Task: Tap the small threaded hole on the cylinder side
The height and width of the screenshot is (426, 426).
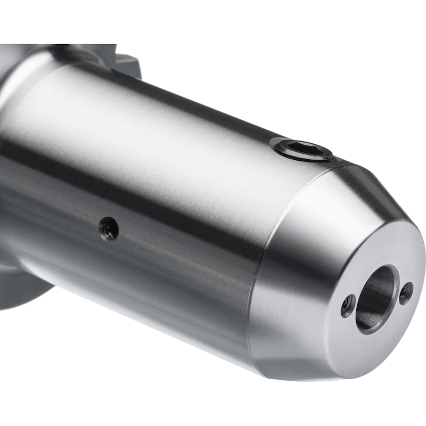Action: pyautogui.click(x=109, y=228)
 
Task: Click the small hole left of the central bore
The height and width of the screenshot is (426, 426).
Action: pyautogui.click(x=348, y=305)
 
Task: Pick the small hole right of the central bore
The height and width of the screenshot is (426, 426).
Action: pyautogui.click(x=406, y=292)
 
